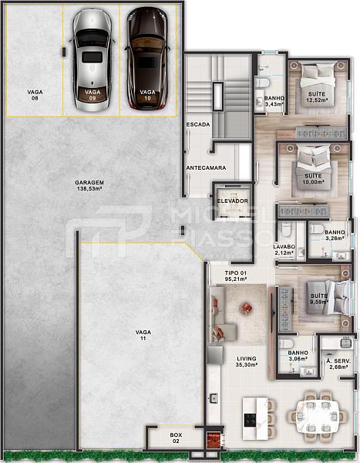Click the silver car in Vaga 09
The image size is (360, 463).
coord(92,59)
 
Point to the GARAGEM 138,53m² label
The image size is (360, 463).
coord(90,185)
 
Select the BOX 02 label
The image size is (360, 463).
coord(176,438)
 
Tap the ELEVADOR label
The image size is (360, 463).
coord(232,201)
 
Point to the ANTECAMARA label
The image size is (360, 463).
coord(206,167)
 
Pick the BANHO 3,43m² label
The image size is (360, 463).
coord(275,101)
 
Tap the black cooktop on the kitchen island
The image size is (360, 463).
coord(250,420)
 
